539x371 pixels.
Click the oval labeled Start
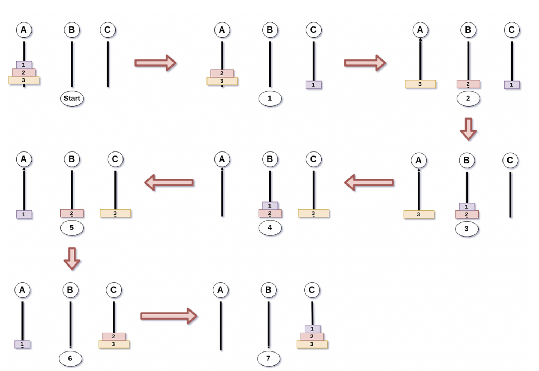[72, 99]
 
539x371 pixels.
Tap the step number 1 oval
[270, 99]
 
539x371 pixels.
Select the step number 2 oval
[468, 99]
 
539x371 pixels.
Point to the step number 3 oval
[467, 229]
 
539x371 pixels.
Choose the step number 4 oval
[270, 228]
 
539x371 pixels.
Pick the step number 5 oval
[72, 228]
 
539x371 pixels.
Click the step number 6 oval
[70, 359]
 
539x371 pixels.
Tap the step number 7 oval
[268, 359]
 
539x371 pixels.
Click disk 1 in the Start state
[24, 65]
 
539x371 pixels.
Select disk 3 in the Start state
[24, 80]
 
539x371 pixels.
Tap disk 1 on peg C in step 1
[313, 85]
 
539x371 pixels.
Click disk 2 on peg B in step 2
[468, 84]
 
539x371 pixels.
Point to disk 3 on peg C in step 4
[313, 213]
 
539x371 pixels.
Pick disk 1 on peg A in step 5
[24, 214]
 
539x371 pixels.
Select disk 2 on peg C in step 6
[114, 337]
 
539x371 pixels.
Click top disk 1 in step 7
[312, 329]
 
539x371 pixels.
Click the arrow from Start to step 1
[155, 63]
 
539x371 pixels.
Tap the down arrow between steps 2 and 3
[468, 129]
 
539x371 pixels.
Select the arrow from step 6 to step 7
[168, 316]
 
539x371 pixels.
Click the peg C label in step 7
[312, 290]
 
